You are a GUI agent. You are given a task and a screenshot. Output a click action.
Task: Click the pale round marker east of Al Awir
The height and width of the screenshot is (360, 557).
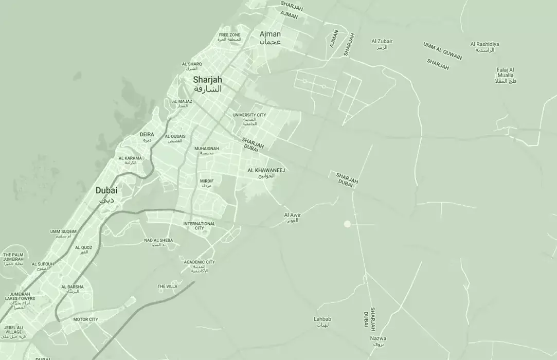[347, 224]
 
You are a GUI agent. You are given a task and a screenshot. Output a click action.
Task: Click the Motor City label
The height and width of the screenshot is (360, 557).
[85, 319]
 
